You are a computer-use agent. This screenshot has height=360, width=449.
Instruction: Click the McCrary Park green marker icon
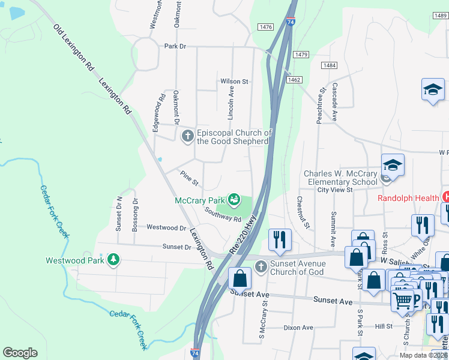pos(234,199)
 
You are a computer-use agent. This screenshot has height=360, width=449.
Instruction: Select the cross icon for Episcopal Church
pos(187,136)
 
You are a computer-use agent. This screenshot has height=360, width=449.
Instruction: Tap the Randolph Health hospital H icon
pos(445,197)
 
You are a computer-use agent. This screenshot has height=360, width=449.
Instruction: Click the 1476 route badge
pos(265,27)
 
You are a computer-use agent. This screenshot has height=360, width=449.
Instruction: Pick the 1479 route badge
pos(301,55)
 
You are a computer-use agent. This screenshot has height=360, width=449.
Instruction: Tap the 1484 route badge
pos(328,65)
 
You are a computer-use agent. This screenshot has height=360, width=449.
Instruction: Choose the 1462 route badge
pos(294,79)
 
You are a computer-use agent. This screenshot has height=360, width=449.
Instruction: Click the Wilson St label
pos(234,81)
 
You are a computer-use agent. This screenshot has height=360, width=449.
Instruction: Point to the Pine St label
pos(189,178)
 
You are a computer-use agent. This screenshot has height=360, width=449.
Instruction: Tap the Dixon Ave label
pos(298,328)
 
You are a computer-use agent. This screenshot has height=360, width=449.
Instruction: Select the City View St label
pos(334,190)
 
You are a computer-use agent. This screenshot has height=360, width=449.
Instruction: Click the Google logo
pos(20,352)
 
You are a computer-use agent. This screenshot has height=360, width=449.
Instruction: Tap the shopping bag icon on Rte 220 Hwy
pos(240,278)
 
